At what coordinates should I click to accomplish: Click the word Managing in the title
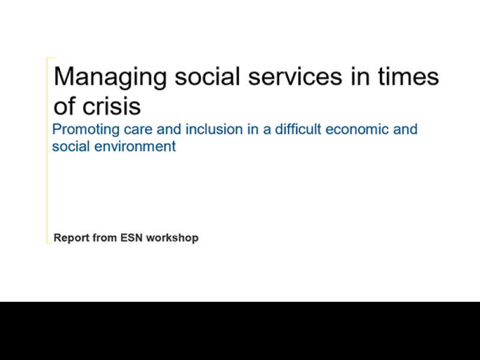[110, 78]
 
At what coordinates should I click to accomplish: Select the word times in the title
[409, 76]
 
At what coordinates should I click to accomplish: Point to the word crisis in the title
[112, 106]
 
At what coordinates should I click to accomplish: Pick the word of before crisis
[64, 106]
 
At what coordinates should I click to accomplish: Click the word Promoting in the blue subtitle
[86, 130]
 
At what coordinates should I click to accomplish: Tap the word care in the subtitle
[138, 130]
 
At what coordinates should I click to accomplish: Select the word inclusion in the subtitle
[214, 129]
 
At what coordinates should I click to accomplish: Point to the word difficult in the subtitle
[298, 129]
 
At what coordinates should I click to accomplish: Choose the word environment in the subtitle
[135, 146]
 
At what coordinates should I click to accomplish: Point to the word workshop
[172, 238]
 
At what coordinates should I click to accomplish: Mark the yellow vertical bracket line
[47, 150]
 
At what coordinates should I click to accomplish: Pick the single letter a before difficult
[267, 130]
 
